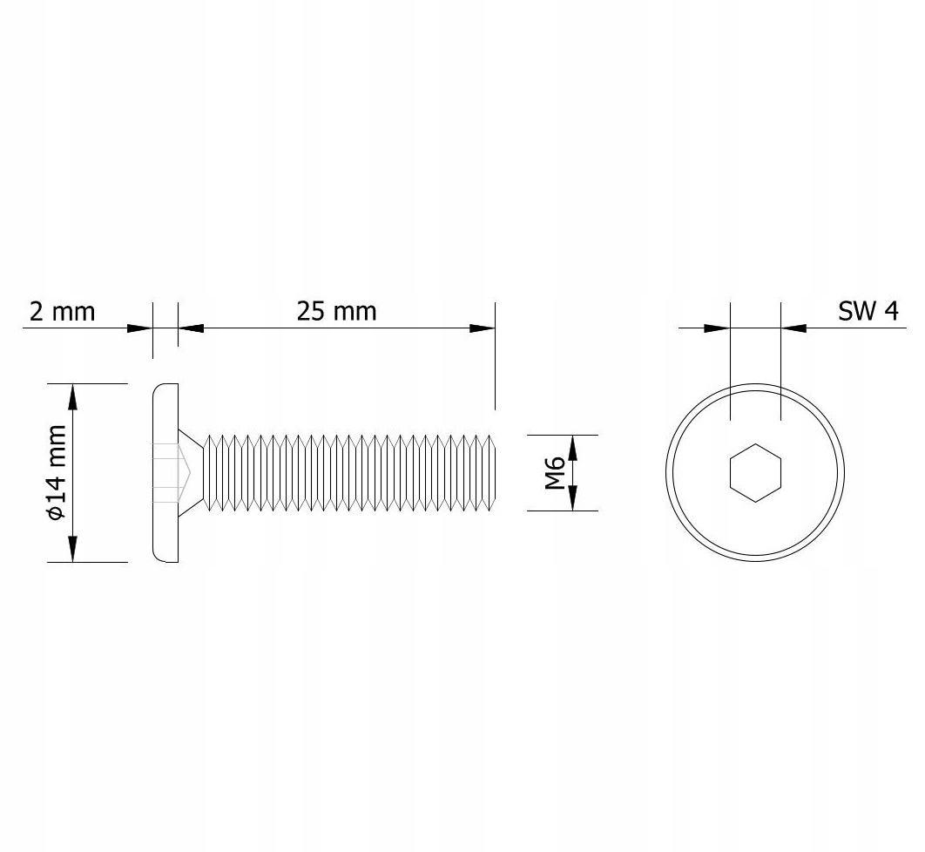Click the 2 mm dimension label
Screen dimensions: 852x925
(x=62, y=311)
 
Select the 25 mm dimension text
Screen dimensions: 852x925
(x=336, y=311)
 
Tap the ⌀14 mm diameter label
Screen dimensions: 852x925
(x=57, y=472)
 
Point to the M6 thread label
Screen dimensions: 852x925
(x=556, y=472)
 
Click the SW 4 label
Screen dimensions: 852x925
(x=868, y=311)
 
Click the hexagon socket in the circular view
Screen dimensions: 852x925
(x=755, y=472)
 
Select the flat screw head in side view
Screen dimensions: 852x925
(x=165, y=472)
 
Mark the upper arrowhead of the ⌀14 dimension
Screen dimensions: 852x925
(x=72, y=396)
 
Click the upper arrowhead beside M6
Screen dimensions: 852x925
(x=573, y=447)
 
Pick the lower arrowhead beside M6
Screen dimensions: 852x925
(x=573, y=498)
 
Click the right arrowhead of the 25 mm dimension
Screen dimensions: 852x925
(x=482, y=328)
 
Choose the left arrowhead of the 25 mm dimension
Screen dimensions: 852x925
(x=191, y=328)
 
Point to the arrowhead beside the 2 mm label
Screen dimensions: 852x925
(x=139, y=328)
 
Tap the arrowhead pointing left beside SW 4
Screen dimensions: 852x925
(x=793, y=328)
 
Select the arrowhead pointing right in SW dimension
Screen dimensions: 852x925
(x=716, y=328)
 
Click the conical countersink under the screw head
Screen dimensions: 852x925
(x=194, y=472)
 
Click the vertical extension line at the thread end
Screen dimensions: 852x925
(x=495, y=357)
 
